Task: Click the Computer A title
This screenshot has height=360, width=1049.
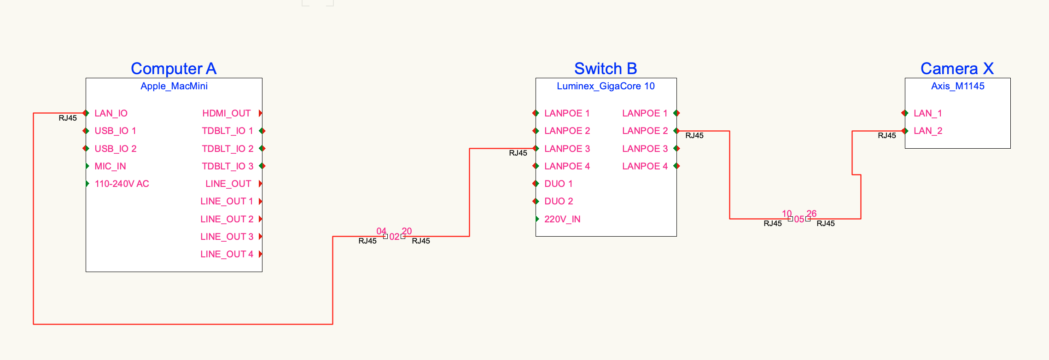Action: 174,69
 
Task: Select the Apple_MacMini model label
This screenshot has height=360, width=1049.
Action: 174,86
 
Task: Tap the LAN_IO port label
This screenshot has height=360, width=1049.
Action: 111,113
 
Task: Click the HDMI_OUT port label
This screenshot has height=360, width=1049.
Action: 227,113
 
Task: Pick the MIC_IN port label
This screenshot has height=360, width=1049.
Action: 110,166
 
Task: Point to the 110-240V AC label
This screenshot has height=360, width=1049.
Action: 122,184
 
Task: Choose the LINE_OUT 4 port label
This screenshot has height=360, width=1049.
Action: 227,254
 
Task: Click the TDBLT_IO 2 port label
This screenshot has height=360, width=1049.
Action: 227,149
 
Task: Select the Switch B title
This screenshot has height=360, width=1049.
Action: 606,69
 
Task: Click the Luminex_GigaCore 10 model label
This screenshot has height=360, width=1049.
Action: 606,86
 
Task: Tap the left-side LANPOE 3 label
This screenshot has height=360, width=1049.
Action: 567,149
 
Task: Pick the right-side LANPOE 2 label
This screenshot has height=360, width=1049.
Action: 645,131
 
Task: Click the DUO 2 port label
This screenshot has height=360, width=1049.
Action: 559,201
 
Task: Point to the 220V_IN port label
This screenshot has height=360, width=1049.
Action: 562,219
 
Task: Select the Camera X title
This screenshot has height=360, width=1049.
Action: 957,69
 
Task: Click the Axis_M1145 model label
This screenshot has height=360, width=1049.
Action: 958,86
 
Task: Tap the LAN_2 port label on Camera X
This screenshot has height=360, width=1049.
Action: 928,131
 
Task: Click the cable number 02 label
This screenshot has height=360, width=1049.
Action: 394,237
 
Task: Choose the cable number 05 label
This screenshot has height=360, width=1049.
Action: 799,219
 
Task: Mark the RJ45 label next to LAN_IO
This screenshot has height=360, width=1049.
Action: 68,118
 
